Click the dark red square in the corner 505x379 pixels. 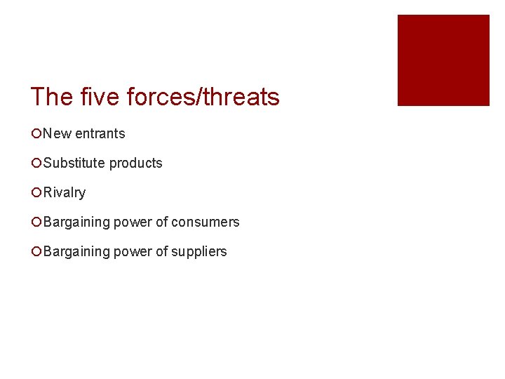pos(443,60)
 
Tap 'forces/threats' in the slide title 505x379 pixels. pos(203,97)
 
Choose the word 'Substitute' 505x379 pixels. pos(74,163)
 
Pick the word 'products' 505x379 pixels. pos(135,163)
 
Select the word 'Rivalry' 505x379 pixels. pos(64,192)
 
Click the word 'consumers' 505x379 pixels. pos(206,222)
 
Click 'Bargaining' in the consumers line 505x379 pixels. pos(76,222)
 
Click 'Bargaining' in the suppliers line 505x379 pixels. pos(76,251)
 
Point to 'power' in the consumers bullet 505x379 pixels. pos(133,222)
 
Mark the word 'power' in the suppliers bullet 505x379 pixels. pos(133,251)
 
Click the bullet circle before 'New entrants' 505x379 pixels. pos(36,133)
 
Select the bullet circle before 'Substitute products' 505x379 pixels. pos(36,163)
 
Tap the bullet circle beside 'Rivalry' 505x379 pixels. pos(36,192)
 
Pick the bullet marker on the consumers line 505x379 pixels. pos(36,222)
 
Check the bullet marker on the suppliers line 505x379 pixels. pos(36,251)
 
